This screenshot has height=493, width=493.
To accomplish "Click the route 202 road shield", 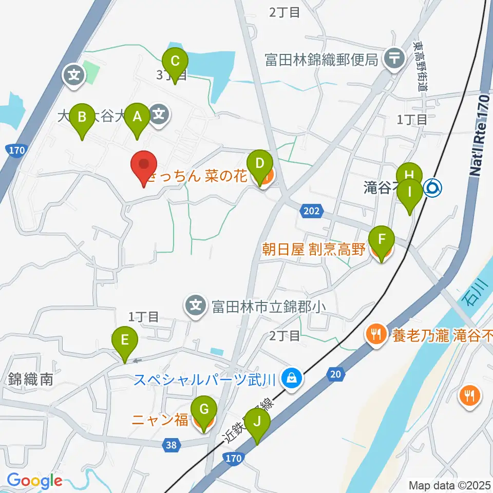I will click(312, 211).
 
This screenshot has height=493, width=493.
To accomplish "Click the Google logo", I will click(34, 481).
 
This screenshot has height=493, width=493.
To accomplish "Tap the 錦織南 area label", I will click(30, 380).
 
